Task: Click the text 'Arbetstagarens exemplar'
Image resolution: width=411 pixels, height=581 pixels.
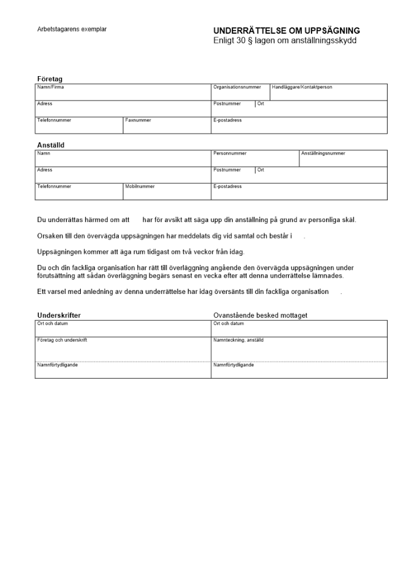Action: point(72,29)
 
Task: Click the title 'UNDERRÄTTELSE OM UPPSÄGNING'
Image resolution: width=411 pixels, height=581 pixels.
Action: point(287,31)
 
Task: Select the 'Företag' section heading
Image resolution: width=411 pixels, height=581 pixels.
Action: point(49,78)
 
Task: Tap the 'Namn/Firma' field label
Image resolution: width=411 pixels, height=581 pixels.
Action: point(51,87)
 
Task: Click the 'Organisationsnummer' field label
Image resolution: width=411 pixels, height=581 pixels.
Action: point(237,87)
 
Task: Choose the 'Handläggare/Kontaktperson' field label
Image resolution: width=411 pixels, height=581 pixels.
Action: point(302,87)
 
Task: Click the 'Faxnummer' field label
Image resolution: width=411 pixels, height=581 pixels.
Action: point(138,120)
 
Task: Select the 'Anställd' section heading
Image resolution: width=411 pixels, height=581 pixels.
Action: point(51,145)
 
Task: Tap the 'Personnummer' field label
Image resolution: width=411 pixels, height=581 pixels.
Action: point(230,153)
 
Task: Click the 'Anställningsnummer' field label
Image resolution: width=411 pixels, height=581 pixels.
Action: point(323,153)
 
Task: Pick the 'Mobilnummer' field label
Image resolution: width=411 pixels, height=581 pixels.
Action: point(140,187)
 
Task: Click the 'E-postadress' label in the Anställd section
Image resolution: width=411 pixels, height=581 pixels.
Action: point(227,187)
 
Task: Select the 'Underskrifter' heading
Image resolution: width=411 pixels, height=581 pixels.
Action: point(59,315)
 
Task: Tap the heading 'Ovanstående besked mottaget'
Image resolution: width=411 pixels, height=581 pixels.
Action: point(260,315)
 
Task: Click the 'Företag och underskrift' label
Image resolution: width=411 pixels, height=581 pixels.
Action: point(62,340)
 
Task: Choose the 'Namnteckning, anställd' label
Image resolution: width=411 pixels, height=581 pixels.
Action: point(238,340)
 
